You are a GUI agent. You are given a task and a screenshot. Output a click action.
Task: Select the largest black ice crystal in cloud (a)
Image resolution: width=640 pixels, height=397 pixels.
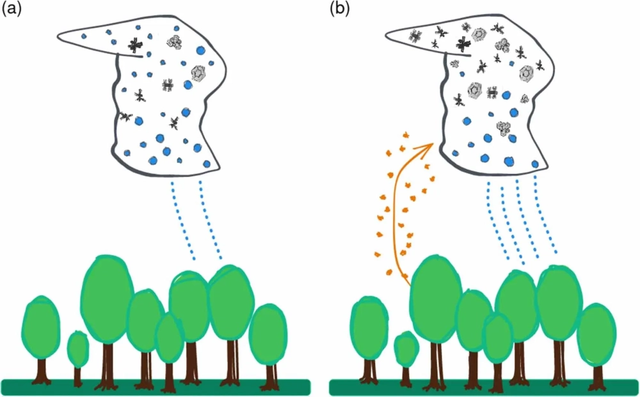coord(136,45)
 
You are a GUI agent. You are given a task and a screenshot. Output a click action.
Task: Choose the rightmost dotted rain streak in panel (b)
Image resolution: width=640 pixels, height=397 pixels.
coord(545,217)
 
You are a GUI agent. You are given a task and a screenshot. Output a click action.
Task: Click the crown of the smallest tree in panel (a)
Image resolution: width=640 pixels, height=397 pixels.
coord(78,349)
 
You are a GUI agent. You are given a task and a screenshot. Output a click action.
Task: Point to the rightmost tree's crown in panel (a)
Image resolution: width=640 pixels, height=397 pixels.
coord(266,334)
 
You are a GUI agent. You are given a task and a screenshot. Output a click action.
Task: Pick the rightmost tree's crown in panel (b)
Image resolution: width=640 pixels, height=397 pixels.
coord(596,334)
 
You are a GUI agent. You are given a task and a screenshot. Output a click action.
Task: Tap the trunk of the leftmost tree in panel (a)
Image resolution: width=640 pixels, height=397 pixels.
coord(42,369)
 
